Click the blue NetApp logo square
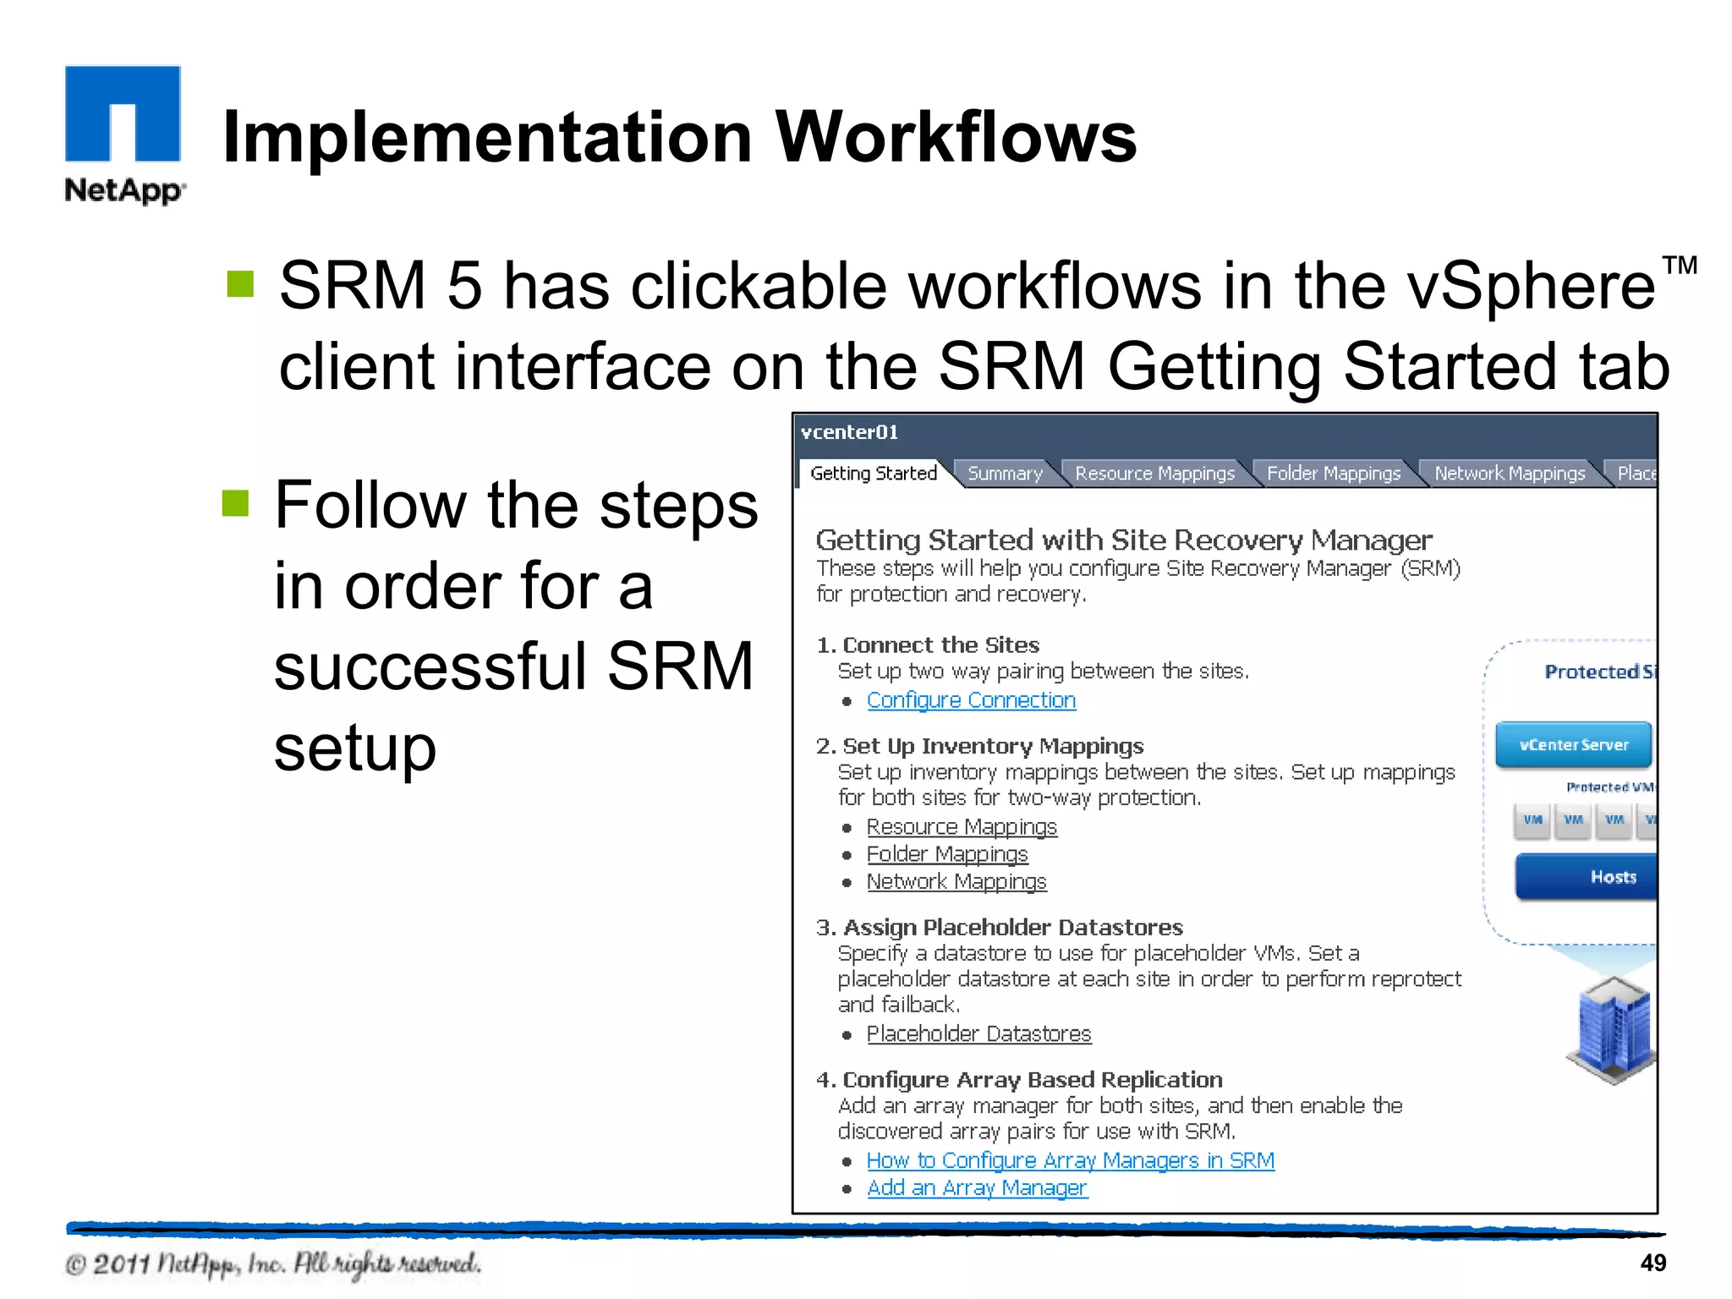pos(123,112)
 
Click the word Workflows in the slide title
pos(956,137)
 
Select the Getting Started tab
pos(873,474)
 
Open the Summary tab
pos(1005,474)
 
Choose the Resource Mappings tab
pos(1154,474)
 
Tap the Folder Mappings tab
pos(1334,474)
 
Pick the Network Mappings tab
pos(1510,474)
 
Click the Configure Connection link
pos(971,700)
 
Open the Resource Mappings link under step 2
pos(962,826)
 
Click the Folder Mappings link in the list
pos(947,854)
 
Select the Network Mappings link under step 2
pos(956,881)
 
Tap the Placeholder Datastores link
pos(978,1033)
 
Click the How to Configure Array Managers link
pos(1070,1160)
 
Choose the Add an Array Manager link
pos(977,1187)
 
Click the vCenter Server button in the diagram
pos(1573,745)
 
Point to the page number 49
pos(1653,1263)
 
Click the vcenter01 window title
pos(849,433)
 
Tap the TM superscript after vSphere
pos(1680,266)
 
